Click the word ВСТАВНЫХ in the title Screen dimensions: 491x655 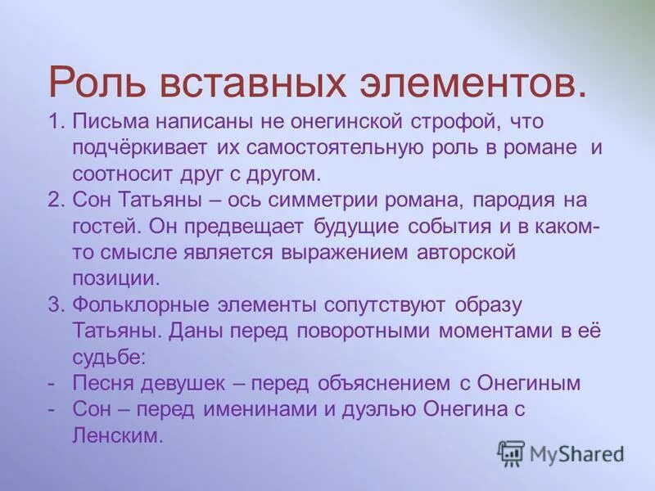[237, 82]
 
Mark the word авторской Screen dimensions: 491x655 [465, 252]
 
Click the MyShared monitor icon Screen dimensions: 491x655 [511, 453]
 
